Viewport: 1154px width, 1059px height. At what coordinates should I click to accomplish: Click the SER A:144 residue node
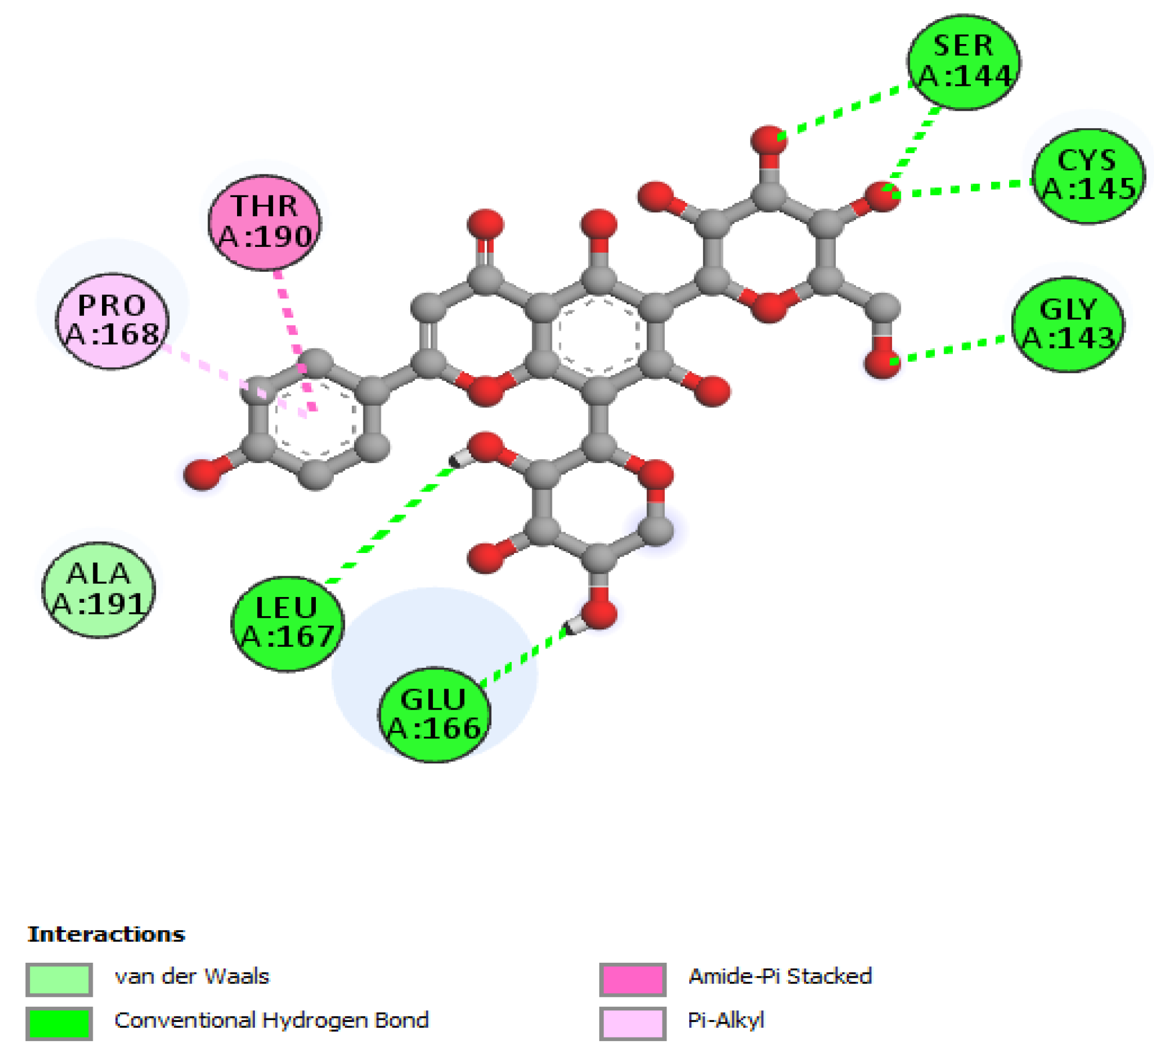point(963,62)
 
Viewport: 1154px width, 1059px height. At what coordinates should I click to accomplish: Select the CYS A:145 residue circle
point(1088,176)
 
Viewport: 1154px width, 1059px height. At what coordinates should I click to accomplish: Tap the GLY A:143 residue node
point(1068,324)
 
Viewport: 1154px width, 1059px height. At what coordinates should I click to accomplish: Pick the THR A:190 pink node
point(264,222)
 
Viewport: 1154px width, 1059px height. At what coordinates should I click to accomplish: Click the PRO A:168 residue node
point(112,321)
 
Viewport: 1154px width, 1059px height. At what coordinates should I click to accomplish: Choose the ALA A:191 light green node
point(99,589)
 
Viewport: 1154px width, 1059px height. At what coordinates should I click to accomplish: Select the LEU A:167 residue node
point(287,624)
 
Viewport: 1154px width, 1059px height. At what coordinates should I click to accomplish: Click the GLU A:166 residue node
point(434,715)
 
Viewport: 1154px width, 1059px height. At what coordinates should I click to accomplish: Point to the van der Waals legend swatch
point(59,979)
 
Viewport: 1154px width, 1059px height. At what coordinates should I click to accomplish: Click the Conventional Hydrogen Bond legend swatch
point(59,1023)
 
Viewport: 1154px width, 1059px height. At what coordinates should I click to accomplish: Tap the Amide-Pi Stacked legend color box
point(632,979)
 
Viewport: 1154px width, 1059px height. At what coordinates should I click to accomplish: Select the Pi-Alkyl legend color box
point(632,1023)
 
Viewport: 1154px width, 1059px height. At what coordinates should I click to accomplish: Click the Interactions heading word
point(106,934)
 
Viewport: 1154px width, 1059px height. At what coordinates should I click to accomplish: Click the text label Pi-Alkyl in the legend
point(725,1020)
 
